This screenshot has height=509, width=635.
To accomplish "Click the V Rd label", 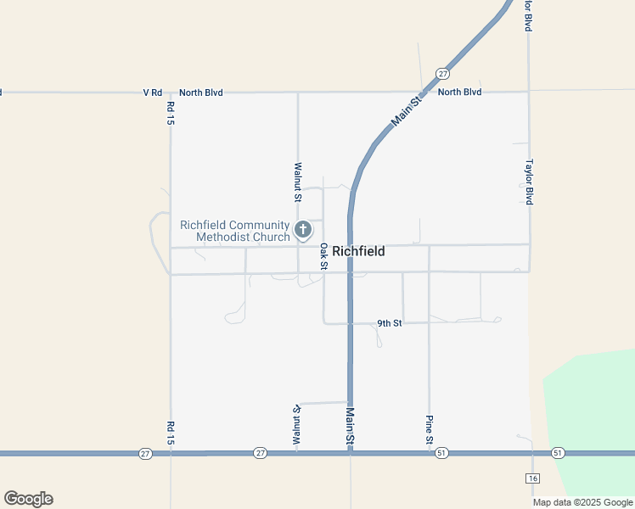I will point(152,92).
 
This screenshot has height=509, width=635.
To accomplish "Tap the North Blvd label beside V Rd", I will point(200,92).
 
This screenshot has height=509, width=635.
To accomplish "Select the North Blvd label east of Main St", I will point(459,92).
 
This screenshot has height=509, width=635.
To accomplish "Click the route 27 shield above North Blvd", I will point(443,74).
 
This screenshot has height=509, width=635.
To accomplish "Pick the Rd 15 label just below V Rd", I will point(171,114).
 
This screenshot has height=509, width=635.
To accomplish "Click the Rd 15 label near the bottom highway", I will point(171,433).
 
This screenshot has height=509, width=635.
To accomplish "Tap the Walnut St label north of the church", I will point(297,182).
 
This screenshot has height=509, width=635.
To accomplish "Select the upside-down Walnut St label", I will point(297,425).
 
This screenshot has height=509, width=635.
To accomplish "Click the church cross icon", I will point(303,229).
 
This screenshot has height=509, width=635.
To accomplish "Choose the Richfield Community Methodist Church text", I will point(235,231).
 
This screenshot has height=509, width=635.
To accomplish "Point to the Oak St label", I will point(323,256).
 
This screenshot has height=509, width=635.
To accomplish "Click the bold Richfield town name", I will point(358,251).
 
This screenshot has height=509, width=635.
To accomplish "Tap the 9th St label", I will point(389,323).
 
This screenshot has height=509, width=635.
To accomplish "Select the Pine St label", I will point(430,430).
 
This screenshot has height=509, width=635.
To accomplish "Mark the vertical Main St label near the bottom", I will point(349,427).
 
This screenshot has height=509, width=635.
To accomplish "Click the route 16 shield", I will point(532,478).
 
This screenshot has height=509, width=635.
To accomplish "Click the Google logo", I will point(28,499).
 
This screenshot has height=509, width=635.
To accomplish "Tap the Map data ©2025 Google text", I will point(583,502).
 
